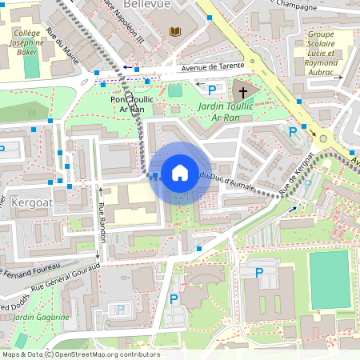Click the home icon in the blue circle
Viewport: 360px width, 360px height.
click(180, 172)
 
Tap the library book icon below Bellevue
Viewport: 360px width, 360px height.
click(176, 31)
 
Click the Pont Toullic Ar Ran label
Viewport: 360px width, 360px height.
click(130, 102)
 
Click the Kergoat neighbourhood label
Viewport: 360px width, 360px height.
click(33, 203)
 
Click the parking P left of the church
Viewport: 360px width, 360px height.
click(212, 90)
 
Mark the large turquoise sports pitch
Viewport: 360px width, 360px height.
click(329, 280)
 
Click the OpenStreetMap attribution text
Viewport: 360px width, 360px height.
click(80, 354)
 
